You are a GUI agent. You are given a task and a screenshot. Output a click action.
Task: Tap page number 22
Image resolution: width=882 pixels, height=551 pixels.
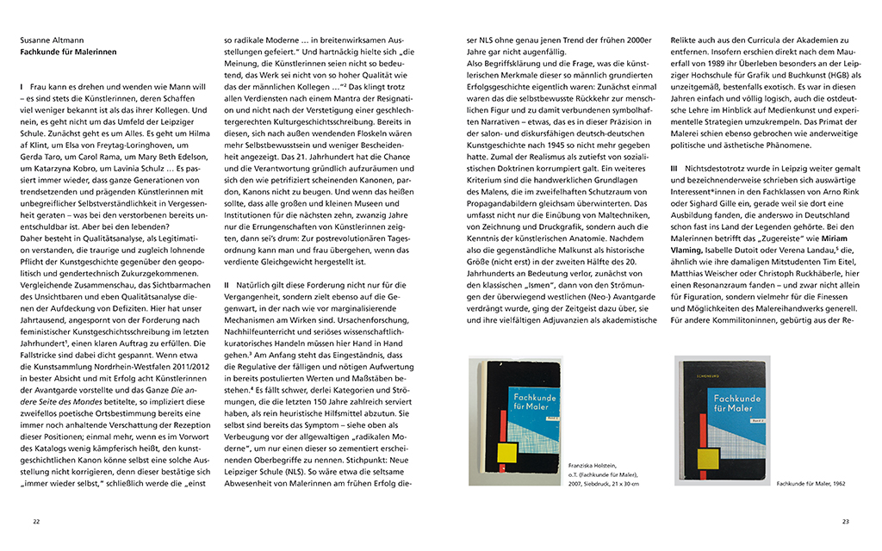[x=36, y=521]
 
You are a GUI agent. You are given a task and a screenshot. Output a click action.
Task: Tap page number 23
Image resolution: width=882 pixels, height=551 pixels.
[x=845, y=521]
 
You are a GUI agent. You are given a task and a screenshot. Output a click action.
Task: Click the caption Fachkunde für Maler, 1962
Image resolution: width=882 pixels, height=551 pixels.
[x=811, y=484]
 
